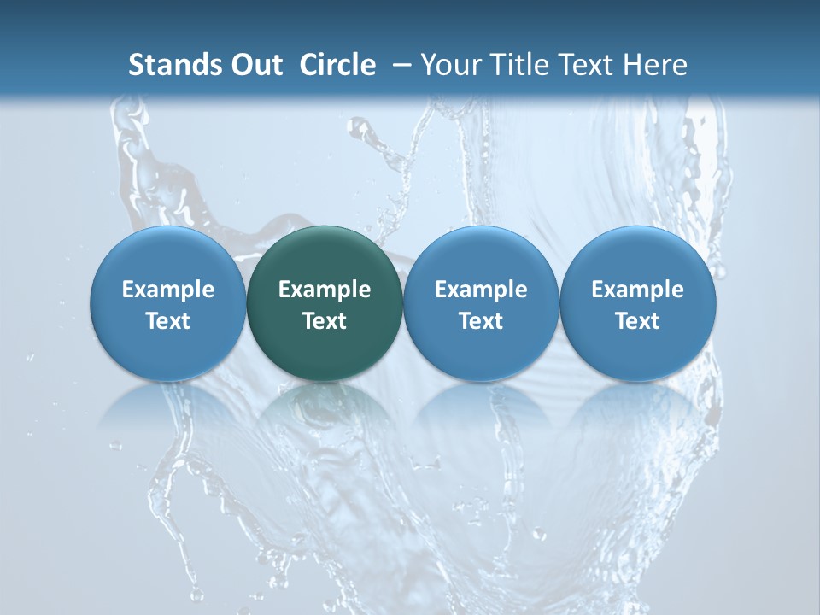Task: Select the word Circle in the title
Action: [337, 65]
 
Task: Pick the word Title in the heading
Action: [521, 65]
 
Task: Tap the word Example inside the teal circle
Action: [325, 290]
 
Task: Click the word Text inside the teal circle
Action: [325, 321]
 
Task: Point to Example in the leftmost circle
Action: [167, 290]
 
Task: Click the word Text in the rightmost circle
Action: [638, 321]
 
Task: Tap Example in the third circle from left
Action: [481, 290]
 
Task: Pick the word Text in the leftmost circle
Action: [167, 321]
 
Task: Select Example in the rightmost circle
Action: [638, 290]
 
